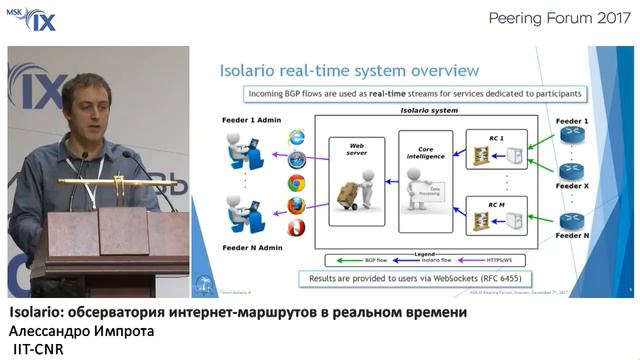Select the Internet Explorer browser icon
point(296,137)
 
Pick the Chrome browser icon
point(296,183)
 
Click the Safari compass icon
point(296,160)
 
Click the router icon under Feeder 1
point(571,137)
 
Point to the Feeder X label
point(572,187)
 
